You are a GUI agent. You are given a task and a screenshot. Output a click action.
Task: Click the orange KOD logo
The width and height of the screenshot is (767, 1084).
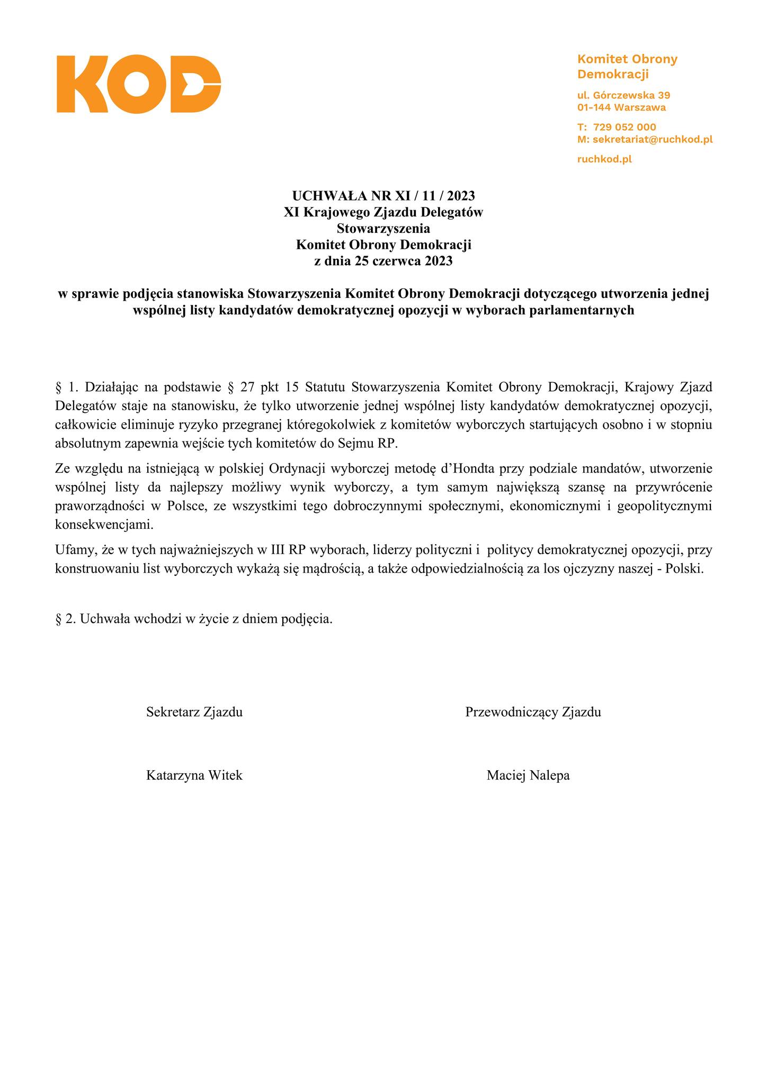[x=139, y=84]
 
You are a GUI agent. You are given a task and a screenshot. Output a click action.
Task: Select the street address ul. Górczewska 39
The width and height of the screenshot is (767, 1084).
[x=623, y=96]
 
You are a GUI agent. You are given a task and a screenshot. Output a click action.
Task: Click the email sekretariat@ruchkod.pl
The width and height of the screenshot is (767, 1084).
[x=652, y=140]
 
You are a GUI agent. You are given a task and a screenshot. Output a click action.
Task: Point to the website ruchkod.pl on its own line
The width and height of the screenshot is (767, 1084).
[x=604, y=159]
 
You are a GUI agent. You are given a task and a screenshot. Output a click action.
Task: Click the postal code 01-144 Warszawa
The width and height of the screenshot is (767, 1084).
[x=621, y=107]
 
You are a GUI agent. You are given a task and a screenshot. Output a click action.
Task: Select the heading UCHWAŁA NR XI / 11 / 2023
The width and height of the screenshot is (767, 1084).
[x=384, y=196]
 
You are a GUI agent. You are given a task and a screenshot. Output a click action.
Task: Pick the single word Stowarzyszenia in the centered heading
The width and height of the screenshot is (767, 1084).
[x=384, y=229]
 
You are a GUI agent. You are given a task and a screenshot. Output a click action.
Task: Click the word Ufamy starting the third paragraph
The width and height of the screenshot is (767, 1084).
[x=73, y=550]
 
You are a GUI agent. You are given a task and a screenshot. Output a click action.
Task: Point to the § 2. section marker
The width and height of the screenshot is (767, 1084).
[x=66, y=619]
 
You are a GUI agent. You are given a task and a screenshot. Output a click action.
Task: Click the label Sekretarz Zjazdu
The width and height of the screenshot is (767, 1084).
[x=194, y=712]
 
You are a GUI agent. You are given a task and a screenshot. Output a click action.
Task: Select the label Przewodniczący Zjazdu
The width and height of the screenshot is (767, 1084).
[x=533, y=712]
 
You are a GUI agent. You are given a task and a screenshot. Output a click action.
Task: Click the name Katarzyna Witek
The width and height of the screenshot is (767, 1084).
[x=194, y=776]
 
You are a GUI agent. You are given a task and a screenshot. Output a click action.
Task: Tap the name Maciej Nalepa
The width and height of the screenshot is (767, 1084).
[x=528, y=776]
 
